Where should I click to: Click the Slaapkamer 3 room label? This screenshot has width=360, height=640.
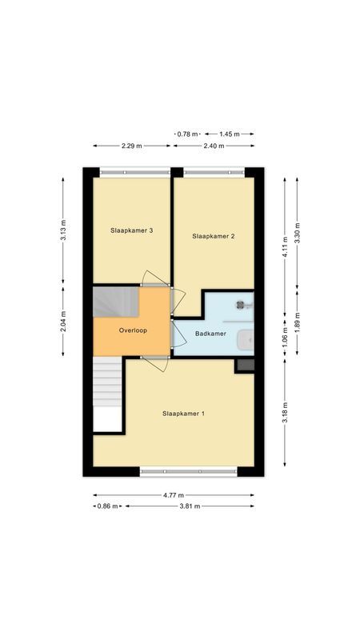coord(132,230)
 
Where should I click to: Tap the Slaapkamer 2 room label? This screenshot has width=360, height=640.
coord(214,236)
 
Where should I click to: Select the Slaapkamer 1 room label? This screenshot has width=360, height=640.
coord(184,414)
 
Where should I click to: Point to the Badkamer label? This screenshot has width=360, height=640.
coord(210,334)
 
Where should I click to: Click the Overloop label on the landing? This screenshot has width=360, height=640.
coord(133,330)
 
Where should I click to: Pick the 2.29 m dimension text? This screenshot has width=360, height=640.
coord(132,146)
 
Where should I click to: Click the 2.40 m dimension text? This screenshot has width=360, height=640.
coord(214,146)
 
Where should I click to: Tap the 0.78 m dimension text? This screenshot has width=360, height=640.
coord(188,134)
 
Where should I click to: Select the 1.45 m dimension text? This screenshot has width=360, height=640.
coord(230,134)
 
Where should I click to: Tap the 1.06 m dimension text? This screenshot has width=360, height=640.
coord(285,336)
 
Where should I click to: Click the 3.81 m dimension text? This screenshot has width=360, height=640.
coord(189,506)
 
